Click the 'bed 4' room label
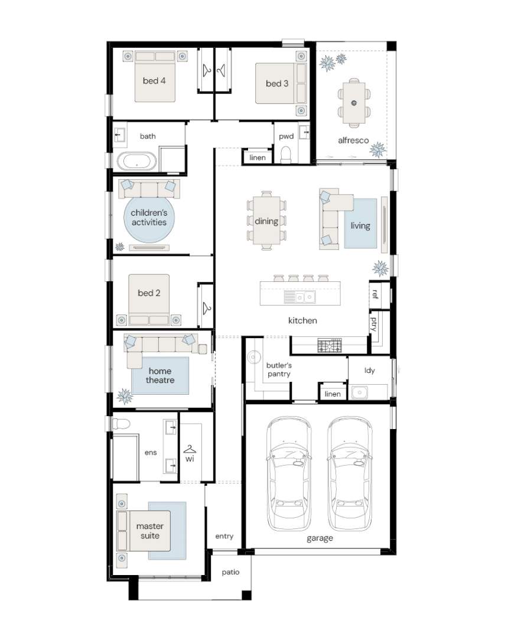click(x=154, y=81)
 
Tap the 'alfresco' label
click(x=353, y=140)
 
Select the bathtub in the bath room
click(x=136, y=161)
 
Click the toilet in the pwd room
click(x=286, y=154)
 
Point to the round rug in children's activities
click(x=149, y=217)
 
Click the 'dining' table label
click(x=266, y=221)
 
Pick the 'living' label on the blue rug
click(x=360, y=226)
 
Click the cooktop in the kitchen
click(x=329, y=345)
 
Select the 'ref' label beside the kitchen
click(x=375, y=294)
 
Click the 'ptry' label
click(x=374, y=323)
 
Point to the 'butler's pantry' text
click(x=279, y=369)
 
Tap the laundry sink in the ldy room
click(x=359, y=392)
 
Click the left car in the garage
click(x=289, y=473)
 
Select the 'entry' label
click(x=224, y=537)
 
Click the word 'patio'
click(x=230, y=572)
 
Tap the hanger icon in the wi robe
click(x=190, y=449)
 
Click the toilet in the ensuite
click(x=121, y=424)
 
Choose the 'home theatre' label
click(x=160, y=376)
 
